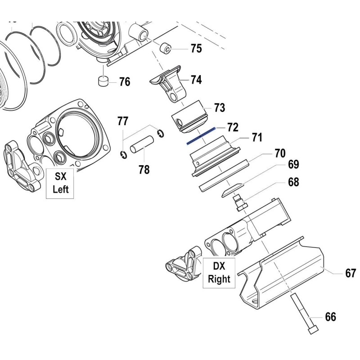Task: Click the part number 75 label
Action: pyautogui.click(x=196, y=49)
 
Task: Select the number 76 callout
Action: pyautogui.click(x=124, y=82)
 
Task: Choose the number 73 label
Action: pyautogui.click(x=219, y=108)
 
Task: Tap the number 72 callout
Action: pyautogui.click(x=232, y=127)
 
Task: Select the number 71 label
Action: pyautogui.click(x=256, y=138)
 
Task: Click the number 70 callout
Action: pyautogui.click(x=280, y=153)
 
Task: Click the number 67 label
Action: pyautogui.click(x=351, y=273)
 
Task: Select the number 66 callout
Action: pyautogui.click(x=330, y=317)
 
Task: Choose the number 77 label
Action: pyautogui.click(x=122, y=121)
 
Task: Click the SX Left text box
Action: pyautogui.click(x=61, y=183)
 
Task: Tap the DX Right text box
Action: pyautogui.click(x=219, y=273)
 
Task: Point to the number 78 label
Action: pyautogui.click(x=144, y=170)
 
